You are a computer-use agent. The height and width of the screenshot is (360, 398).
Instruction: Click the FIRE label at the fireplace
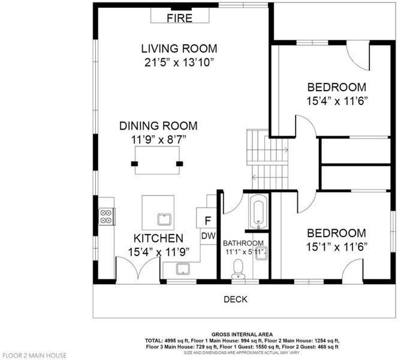[179, 18]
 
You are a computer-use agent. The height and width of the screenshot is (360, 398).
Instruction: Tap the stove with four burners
[107, 216]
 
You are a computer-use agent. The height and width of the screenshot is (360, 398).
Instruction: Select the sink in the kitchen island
[164, 220]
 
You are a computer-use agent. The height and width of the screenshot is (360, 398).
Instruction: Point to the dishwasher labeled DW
[209, 236]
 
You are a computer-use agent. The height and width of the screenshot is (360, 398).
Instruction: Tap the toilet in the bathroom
[238, 269]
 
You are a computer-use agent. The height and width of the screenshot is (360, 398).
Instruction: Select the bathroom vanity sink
[261, 253]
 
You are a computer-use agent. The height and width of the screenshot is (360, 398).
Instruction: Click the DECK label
[236, 299]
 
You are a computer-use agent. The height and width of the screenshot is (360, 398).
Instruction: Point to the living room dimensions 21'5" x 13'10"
[179, 62]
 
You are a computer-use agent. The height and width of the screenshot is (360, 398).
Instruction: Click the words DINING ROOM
[158, 126]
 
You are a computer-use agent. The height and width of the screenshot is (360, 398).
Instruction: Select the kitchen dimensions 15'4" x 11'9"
[159, 252]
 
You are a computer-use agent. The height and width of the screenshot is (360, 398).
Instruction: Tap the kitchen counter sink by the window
[183, 269]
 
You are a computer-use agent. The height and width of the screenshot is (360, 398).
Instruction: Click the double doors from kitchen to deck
[138, 271]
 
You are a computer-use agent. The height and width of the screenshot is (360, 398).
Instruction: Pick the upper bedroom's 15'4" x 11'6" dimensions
[337, 101]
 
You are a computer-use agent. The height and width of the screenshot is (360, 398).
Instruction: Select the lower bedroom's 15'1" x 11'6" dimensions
[337, 247]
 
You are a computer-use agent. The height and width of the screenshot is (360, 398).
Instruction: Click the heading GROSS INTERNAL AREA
[242, 334]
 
